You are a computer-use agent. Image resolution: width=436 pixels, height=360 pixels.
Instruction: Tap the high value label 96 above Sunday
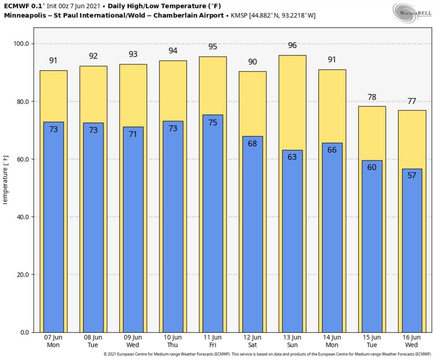tap(292, 45)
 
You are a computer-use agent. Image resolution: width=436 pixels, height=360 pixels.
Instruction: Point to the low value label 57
tap(412, 175)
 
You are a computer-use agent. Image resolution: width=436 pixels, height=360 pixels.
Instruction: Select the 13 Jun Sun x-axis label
tap(292, 341)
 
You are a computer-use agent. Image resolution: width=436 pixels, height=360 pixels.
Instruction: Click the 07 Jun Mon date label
tap(53, 341)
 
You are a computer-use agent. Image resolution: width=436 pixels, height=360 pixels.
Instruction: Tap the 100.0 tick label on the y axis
tap(20, 44)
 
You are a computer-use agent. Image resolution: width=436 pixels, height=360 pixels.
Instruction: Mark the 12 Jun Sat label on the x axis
tap(253, 341)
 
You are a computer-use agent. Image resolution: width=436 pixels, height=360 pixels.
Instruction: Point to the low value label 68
tap(253, 143)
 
